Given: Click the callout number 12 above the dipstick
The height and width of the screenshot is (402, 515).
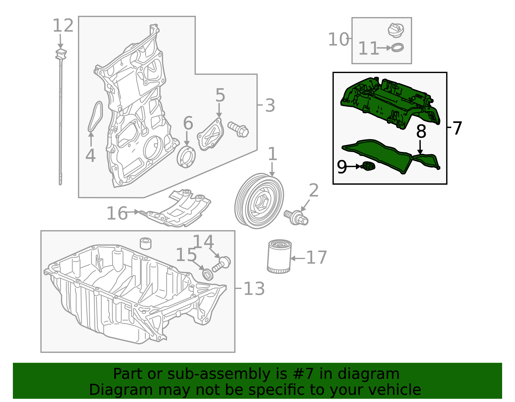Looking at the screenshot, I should click(x=63, y=26).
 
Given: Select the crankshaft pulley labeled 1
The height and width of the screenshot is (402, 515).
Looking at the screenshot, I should click(x=259, y=201).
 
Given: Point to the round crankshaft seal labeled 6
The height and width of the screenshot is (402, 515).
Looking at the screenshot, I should click(x=186, y=157).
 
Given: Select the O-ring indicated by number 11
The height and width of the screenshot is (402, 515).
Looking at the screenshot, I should click(x=398, y=48).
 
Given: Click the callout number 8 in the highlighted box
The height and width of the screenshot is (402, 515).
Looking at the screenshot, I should click(x=421, y=131).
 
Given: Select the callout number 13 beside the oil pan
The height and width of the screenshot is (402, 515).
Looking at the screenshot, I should click(x=254, y=289).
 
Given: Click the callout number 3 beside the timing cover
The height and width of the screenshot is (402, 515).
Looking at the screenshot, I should click(x=270, y=106).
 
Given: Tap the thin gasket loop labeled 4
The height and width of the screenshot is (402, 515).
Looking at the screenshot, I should click(x=95, y=117).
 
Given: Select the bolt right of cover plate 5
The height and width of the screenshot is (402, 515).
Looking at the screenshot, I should click(x=239, y=129).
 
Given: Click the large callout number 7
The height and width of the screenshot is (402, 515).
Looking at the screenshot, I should click(x=457, y=128).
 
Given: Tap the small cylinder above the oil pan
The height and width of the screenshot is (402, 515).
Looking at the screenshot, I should click(x=146, y=243).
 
